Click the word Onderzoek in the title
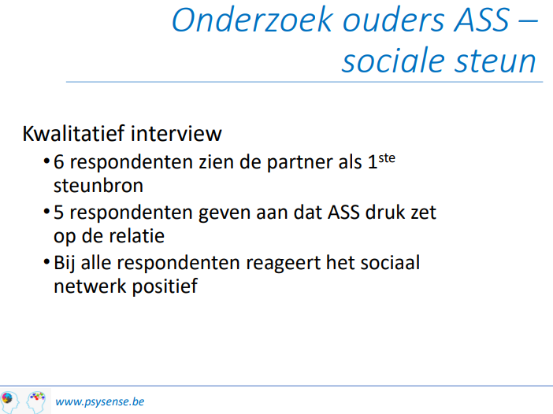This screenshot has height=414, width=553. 253,20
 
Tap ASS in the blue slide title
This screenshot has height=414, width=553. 482,20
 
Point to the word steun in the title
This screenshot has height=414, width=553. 495,61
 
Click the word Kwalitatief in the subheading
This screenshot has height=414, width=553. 73,133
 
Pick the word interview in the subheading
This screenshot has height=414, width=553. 176,133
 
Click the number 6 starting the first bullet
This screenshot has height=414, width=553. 58,162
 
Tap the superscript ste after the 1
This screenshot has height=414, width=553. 387,158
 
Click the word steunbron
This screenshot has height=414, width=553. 98,185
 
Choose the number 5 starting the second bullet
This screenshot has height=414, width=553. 58,213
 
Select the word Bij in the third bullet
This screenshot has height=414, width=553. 65,263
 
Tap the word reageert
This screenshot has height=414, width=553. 284,264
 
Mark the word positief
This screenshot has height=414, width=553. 165,286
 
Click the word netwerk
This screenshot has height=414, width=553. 90,286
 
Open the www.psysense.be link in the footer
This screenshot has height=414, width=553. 100,401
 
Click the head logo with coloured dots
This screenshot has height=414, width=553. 36,401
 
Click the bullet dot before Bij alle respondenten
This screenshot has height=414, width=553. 46,262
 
